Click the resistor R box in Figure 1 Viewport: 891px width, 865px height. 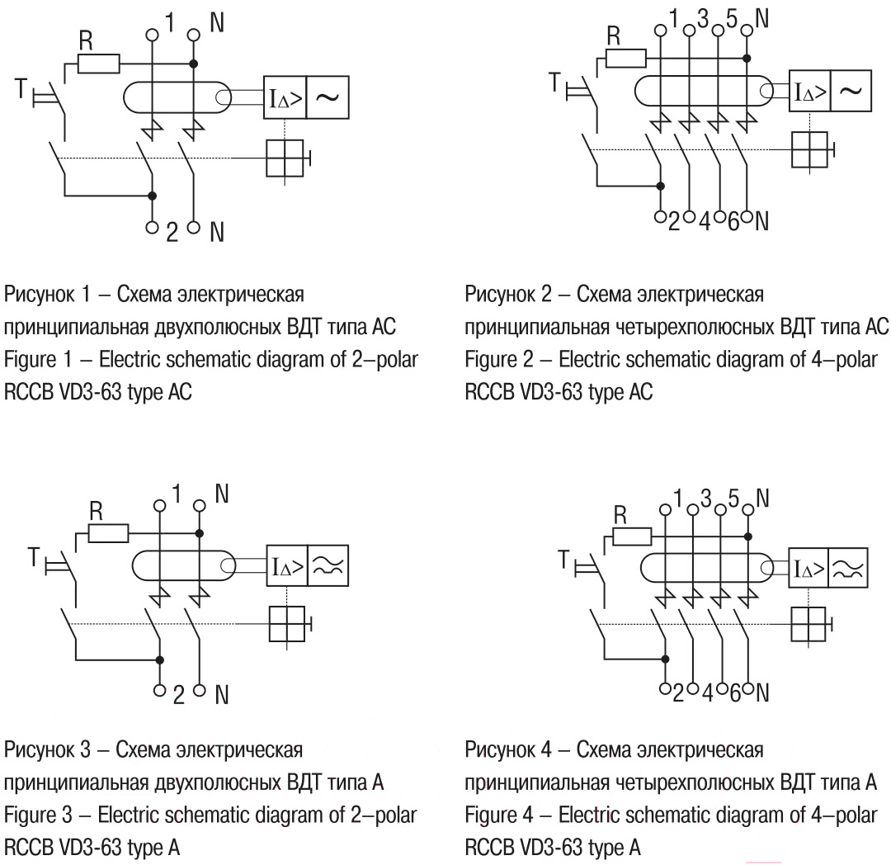[98, 64]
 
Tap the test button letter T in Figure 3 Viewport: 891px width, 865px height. [34, 557]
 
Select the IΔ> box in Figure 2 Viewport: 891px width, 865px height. [809, 91]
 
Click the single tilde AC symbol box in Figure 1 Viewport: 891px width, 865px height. [328, 97]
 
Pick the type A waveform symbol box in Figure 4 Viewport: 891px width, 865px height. [848, 569]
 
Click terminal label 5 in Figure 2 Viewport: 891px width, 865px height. [731, 19]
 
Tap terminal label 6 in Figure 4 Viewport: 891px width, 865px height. [734, 692]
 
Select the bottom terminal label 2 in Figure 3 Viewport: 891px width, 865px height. [178, 695]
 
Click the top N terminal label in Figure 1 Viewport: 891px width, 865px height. [216, 23]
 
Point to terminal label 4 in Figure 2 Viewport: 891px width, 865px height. [705, 222]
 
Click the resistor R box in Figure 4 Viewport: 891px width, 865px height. [632, 536]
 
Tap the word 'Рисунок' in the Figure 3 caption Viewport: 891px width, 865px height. [40, 750]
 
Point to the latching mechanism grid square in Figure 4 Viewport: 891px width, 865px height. [808, 624]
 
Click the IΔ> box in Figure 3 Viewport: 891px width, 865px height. [287, 565]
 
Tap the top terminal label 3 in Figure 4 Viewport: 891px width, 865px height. [705, 499]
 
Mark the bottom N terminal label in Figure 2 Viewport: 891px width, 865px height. [762, 221]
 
